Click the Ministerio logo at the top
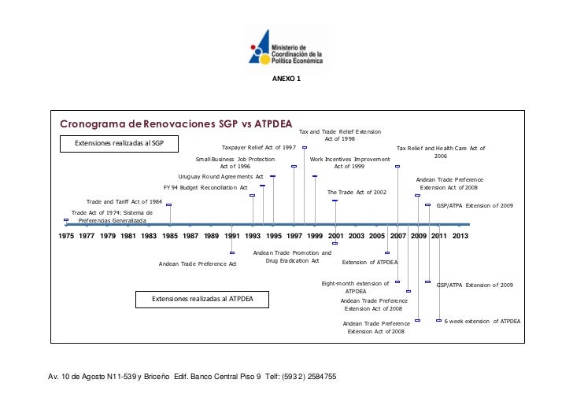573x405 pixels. [x=286, y=46]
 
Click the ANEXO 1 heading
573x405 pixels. [x=286, y=79]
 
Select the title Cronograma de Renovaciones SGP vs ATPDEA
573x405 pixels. [x=176, y=124]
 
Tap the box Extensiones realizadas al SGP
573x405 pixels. [x=119, y=143]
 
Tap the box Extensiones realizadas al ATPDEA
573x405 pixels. [x=201, y=300]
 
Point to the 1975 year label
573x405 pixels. [x=66, y=235]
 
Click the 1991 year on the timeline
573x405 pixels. [x=232, y=235]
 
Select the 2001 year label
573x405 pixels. [x=335, y=235]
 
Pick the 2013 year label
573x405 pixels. [x=460, y=235]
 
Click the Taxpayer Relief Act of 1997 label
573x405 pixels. [x=259, y=147]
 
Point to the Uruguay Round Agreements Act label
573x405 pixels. [x=220, y=177]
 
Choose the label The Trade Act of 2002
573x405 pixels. [x=357, y=192]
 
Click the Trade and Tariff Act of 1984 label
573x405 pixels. [x=124, y=202]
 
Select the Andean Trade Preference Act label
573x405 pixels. [x=198, y=263]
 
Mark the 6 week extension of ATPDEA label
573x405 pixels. [x=482, y=321]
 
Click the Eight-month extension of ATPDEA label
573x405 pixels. [x=356, y=287]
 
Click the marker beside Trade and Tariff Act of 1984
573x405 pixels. [x=169, y=205]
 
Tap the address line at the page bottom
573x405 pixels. [x=194, y=377]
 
